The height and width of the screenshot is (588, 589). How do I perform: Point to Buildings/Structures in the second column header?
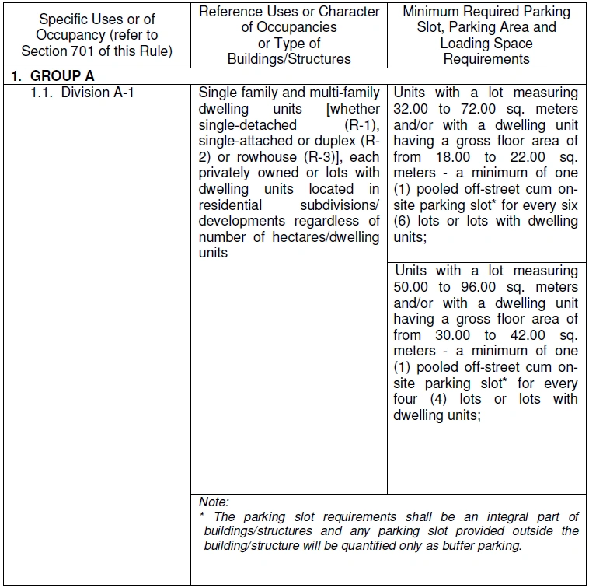[x=289, y=58]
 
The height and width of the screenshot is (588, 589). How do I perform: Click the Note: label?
[x=214, y=502]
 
